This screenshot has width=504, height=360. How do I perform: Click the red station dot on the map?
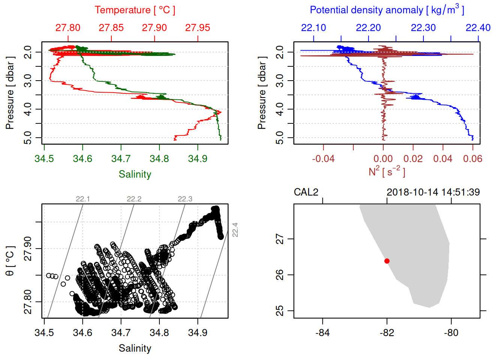[387, 261]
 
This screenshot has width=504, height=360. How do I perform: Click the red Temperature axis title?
[135, 10]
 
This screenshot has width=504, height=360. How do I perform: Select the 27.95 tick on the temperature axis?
[198, 28]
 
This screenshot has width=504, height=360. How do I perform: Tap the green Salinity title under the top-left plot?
[135, 174]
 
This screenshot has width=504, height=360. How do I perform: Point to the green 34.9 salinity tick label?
[198, 159]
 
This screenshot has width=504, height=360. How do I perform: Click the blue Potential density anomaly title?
[387, 10]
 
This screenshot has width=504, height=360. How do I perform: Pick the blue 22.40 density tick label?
[478, 28]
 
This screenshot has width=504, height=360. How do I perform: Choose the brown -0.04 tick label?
[323, 159]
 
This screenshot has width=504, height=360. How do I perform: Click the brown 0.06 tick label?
[472, 159]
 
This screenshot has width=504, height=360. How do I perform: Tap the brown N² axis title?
[387, 171]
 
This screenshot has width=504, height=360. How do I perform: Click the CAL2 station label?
[306, 192]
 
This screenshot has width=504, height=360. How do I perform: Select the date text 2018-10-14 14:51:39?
[433, 192]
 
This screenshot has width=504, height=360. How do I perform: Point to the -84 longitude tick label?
[322, 333]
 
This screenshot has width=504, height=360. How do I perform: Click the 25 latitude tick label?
[280, 311]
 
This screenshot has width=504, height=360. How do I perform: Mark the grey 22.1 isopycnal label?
[82, 199]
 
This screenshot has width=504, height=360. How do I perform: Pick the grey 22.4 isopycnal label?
[235, 229]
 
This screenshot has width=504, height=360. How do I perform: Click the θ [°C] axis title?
[10, 261]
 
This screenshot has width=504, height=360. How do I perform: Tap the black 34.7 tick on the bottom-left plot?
[121, 333]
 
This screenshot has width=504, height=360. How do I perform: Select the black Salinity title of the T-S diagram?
[135, 348]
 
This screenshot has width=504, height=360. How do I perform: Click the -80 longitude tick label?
[451, 333]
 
